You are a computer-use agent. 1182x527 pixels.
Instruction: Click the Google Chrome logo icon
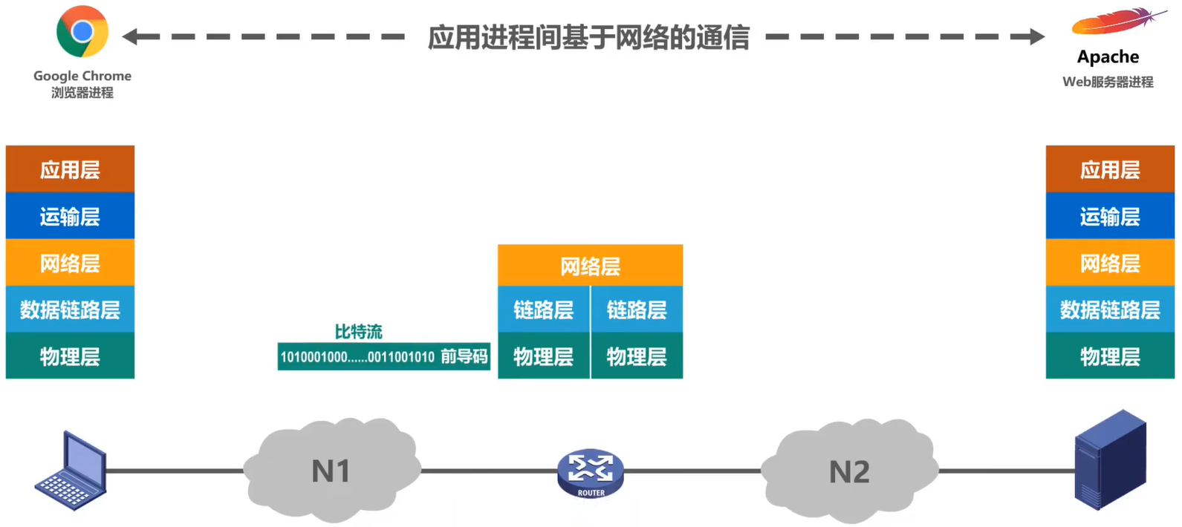pyautogui.click(x=82, y=31)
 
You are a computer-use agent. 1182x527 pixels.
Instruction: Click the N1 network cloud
pyautogui.click(x=331, y=471)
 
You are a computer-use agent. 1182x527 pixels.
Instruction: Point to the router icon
pyautogui.click(x=591, y=473)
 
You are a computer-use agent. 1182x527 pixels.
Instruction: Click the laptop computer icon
pyautogui.click(x=71, y=471)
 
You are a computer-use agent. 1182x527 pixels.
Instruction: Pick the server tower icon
pyautogui.click(x=1111, y=459)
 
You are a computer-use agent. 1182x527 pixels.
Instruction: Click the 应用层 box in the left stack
pyautogui.click(x=70, y=169)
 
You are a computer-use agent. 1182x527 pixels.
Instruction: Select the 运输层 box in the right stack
pyautogui.click(x=1110, y=216)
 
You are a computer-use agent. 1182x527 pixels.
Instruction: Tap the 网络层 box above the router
pyautogui.click(x=590, y=266)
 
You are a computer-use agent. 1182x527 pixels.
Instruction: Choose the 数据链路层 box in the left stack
pyautogui.click(x=70, y=310)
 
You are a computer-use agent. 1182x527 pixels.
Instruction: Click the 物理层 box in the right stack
pyautogui.click(x=1110, y=356)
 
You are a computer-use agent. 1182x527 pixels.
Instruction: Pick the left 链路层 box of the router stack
pyautogui.click(x=544, y=310)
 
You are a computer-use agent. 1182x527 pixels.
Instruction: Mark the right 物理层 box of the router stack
pyautogui.click(x=637, y=356)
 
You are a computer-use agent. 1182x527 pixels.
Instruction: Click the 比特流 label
pyautogui.click(x=358, y=332)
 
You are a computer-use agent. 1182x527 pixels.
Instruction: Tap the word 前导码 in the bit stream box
pyautogui.click(x=464, y=357)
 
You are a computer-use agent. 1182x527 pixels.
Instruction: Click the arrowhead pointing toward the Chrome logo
pyautogui.click(x=131, y=36)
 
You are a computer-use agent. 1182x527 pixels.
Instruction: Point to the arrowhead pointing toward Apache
pyautogui.click(x=1037, y=36)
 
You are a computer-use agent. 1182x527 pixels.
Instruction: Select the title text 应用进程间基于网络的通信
pyautogui.click(x=588, y=37)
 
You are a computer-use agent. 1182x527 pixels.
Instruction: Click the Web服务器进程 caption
pyautogui.click(x=1108, y=82)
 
